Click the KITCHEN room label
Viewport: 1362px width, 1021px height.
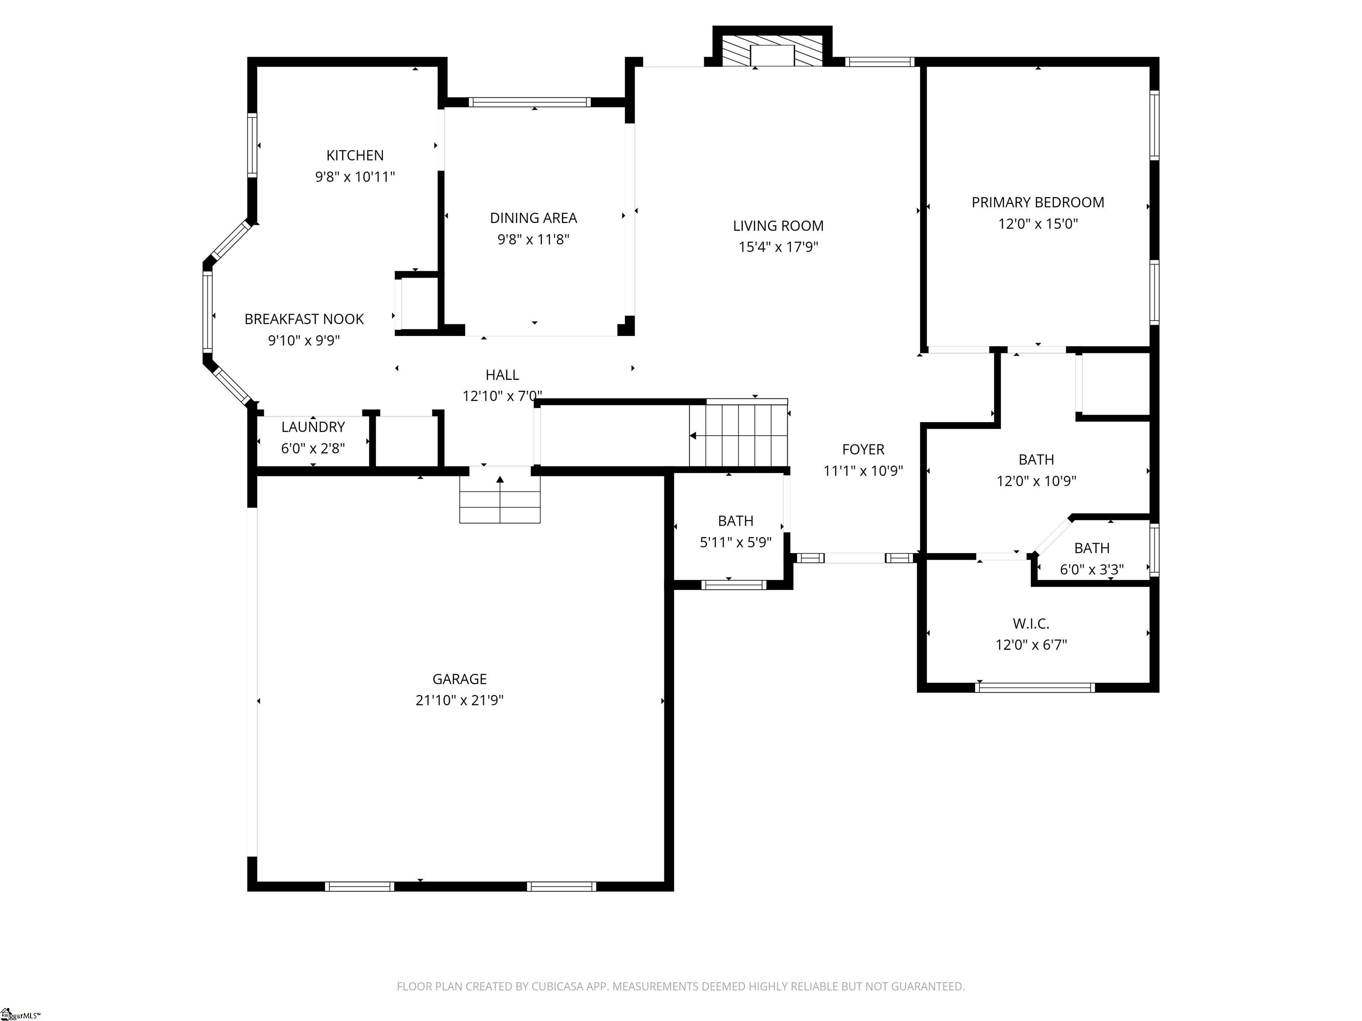coord(355,156)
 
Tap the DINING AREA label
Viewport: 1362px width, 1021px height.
coord(533,218)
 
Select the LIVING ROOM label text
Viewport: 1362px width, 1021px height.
coord(778,226)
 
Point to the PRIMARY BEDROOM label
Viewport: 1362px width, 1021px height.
coord(1037,203)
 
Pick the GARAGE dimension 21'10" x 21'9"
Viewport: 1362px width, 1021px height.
coord(459,700)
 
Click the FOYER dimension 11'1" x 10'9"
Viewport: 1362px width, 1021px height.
coord(863,471)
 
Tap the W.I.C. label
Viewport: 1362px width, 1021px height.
coord(1031,624)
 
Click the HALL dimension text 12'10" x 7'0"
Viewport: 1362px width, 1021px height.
coord(502,396)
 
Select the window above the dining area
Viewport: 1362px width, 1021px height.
coord(529,102)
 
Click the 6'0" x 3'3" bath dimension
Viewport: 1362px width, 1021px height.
coord(1092,570)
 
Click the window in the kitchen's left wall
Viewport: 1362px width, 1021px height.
coord(252,145)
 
